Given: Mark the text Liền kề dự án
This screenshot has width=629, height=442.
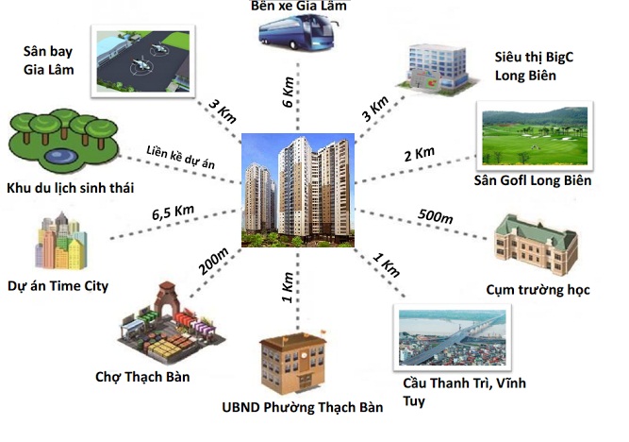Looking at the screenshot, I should click(182, 159).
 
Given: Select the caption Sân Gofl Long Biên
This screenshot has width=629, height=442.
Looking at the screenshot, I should click(534, 180).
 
